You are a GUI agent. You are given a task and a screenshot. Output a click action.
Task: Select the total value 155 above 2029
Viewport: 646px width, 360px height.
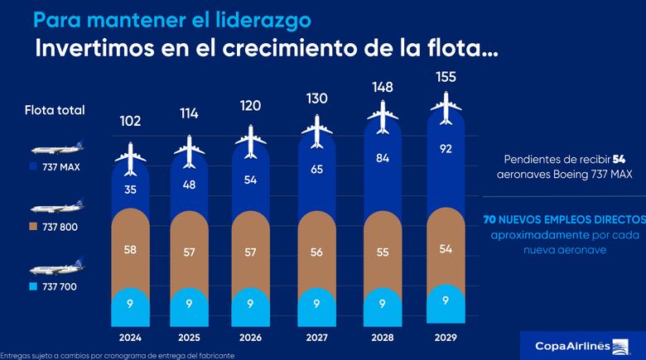coord(446,77)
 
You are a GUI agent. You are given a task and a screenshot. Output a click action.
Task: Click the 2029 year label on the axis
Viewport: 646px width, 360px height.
coord(446,338)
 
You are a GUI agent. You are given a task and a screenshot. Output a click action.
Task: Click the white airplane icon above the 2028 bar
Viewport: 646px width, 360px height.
coord(383,118)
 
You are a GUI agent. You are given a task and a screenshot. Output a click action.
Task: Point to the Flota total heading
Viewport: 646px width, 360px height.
coord(55,110)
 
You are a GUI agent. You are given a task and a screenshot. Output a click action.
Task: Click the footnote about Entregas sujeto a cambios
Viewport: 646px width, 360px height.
coord(117,355)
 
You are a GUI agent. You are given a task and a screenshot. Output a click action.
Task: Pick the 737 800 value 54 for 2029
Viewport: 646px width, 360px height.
coord(446,249)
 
